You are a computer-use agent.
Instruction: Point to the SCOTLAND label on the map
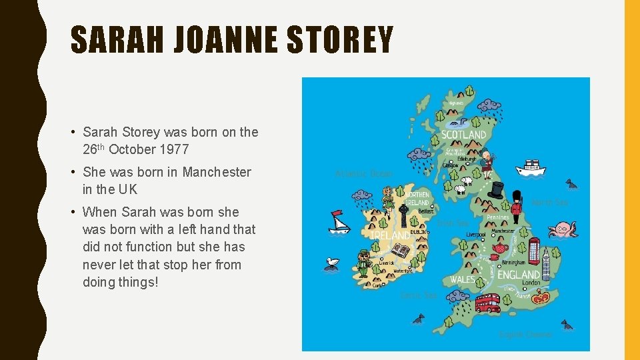tap(464, 135)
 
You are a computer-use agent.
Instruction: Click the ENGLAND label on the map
tap(518, 275)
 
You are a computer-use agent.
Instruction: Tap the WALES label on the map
tap(463, 279)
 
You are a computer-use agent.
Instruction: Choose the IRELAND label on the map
tap(391, 236)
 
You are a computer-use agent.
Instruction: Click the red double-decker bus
tap(487, 303)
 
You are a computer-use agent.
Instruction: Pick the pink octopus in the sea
tap(562, 229)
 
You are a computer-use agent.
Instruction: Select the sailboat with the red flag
tap(339, 222)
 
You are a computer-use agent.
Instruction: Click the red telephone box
tap(533, 251)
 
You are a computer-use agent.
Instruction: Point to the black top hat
tap(495, 190)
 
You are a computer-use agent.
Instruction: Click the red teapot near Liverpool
tap(499, 248)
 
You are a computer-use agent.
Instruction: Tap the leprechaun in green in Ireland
tap(363, 263)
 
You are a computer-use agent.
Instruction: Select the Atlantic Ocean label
tap(363, 174)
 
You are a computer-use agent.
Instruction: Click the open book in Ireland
tap(400, 251)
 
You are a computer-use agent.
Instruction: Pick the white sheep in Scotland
tap(461, 189)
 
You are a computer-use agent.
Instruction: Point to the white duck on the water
tap(331, 263)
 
